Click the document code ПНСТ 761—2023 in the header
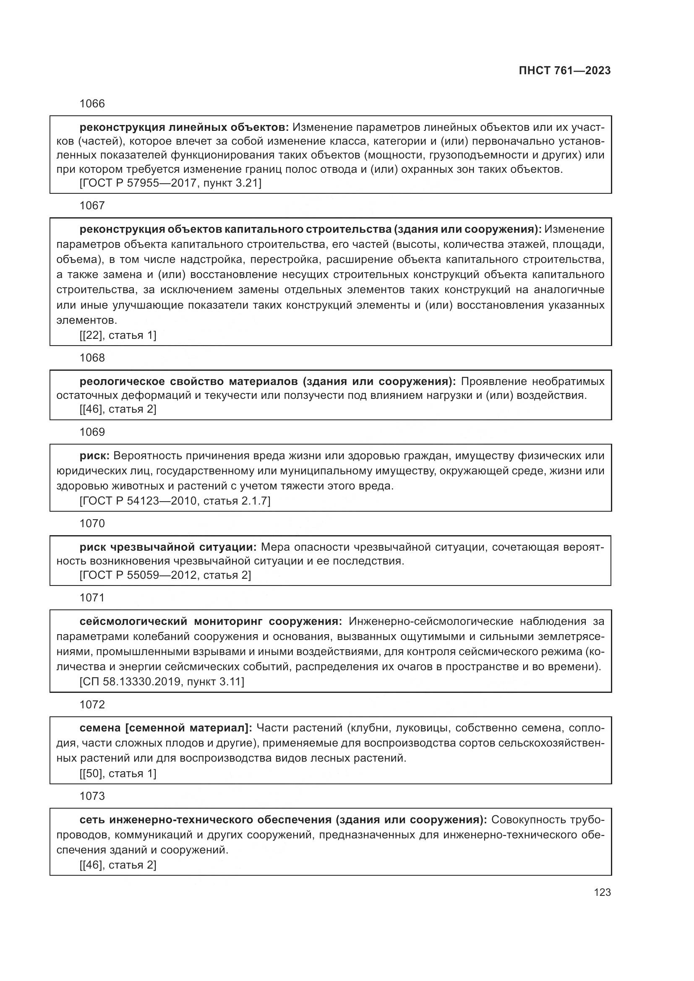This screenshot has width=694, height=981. click(x=564, y=70)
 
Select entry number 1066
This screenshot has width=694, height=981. click(x=92, y=104)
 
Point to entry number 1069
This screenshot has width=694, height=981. click(x=92, y=432)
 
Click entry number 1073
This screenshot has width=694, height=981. click(x=92, y=796)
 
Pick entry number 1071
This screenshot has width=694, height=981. click(x=92, y=598)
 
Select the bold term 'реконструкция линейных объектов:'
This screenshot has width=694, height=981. click(x=184, y=128)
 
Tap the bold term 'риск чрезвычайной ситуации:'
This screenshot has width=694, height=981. click(x=168, y=547)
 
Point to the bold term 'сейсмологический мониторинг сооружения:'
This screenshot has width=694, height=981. click(x=211, y=621)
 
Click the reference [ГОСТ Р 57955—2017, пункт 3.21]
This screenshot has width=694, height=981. click(x=170, y=183)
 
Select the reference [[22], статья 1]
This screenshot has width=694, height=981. click(x=118, y=336)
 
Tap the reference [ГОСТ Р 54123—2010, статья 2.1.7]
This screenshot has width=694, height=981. click(x=175, y=501)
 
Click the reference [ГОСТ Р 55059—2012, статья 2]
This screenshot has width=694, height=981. click(x=165, y=575)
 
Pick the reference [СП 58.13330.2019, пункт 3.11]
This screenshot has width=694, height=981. click(x=162, y=682)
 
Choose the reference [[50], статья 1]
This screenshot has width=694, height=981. click(x=118, y=773)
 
